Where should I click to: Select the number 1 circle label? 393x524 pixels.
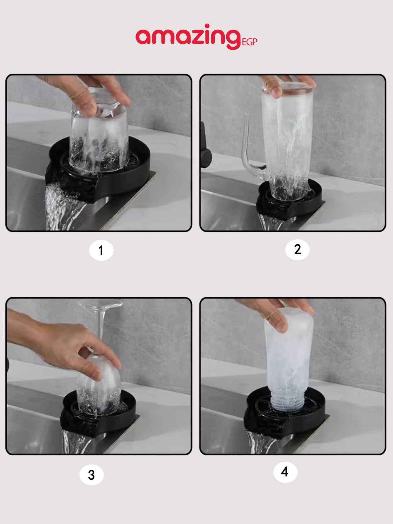pyautogui.click(x=101, y=250)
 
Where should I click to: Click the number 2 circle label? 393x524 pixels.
pyautogui.click(x=297, y=250)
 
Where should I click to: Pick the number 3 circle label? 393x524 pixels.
pyautogui.click(x=92, y=475)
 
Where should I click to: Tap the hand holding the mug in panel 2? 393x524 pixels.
pyautogui.click(x=286, y=85)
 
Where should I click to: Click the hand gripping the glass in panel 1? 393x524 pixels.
pyautogui.click(x=88, y=94)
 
